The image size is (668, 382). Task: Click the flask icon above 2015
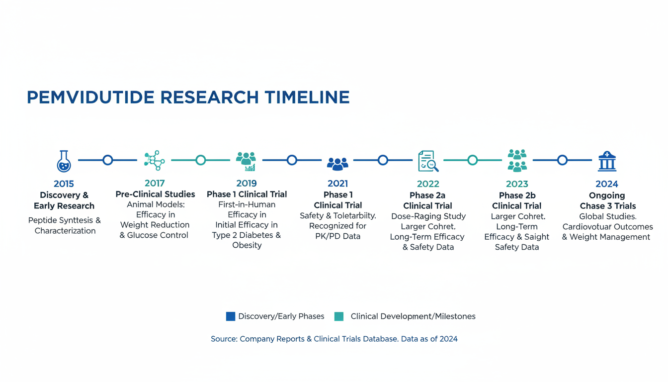64,161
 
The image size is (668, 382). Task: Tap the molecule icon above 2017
154,160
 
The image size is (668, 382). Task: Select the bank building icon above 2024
607,162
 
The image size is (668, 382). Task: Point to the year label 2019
247,183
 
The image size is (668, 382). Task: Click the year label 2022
428,184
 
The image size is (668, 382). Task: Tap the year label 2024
607,184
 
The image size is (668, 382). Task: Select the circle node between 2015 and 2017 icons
108,160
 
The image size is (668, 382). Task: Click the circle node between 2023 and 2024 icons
562,160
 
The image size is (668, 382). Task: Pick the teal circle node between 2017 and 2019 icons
201,160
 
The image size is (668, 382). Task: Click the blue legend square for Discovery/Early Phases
231,316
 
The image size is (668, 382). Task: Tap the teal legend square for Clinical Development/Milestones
339,316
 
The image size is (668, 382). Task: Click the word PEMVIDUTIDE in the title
90,97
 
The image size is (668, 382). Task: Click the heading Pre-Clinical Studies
156,194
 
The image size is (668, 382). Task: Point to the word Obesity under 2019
247,245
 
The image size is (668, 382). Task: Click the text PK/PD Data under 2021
338,236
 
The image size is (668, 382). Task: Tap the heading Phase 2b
517,195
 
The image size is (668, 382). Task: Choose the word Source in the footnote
224,339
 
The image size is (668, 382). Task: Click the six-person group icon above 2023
517,161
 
